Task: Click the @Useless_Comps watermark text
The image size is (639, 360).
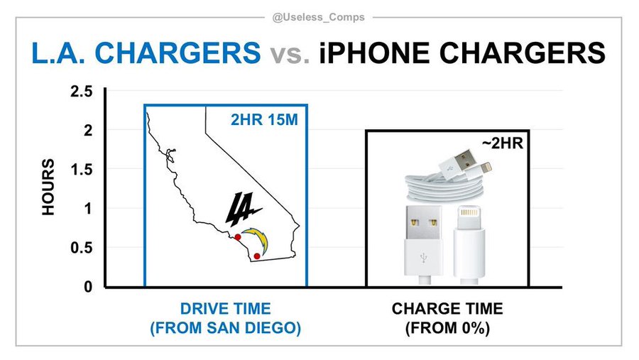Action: (318, 17)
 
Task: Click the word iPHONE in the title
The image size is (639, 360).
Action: (374, 53)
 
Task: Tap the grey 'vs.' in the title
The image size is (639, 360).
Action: (290, 54)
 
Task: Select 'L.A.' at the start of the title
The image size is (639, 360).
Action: (59, 53)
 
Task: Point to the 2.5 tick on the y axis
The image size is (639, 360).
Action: (82, 92)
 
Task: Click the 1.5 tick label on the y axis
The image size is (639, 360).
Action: (82, 170)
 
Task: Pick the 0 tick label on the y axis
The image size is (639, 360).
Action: (88, 287)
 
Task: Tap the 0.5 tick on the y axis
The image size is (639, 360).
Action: (82, 248)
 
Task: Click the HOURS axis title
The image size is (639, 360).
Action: (48, 187)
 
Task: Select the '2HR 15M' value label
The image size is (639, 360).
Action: (264, 119)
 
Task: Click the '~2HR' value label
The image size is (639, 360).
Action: (502, 143)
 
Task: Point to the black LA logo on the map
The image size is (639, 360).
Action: (242, 209)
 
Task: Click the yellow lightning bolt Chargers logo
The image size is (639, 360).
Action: (256, 241)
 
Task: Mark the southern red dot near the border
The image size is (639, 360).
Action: (257, 256)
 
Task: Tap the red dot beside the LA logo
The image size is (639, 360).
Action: (238, 237)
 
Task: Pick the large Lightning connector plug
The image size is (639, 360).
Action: (469, 246)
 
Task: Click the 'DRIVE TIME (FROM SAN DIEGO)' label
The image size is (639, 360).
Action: (225, 318)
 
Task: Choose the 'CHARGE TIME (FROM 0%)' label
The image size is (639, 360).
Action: (447, 318)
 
